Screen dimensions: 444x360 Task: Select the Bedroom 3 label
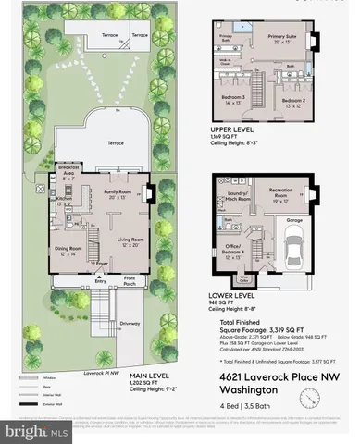point(232,97)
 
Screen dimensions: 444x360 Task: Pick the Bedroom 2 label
point(294,99)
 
